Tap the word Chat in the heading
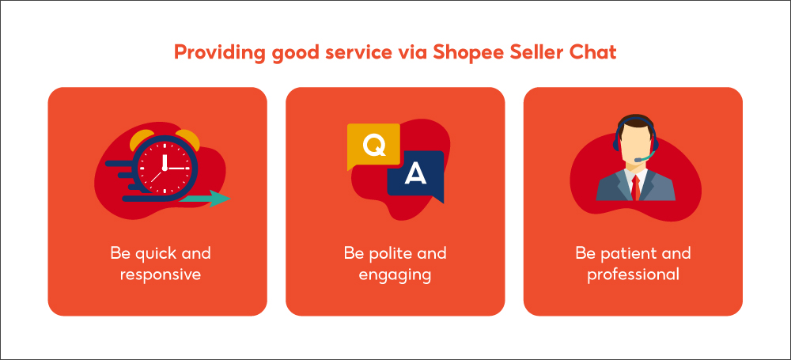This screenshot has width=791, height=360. tap(593, 54)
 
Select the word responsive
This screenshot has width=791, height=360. tap(161, 275)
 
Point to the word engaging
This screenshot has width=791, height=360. tap(395, 275)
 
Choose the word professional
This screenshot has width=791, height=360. tap(633, 275)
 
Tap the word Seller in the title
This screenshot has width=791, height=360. tap(533, 54)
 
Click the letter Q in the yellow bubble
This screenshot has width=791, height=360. tap(372, 144)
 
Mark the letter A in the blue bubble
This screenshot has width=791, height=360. tap(415, 173)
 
